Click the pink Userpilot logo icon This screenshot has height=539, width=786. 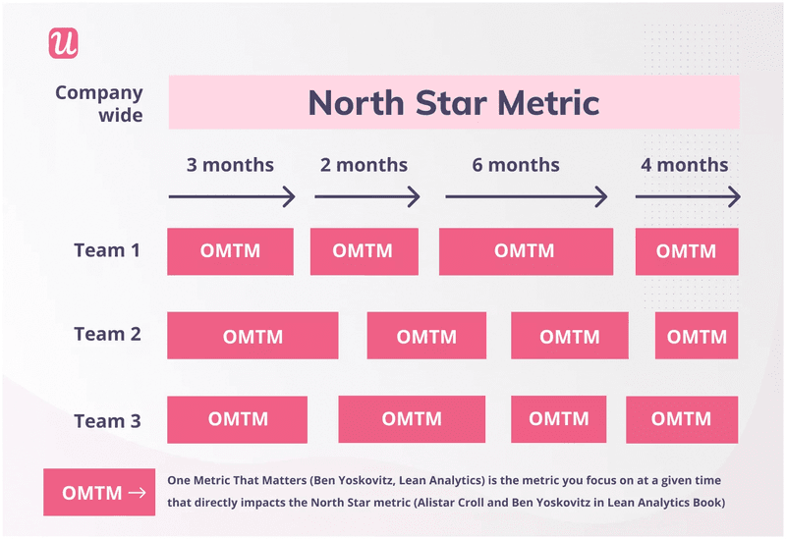tap(63, 43)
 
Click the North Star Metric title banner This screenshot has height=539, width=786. tap(453, 102)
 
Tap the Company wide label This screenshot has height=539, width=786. tap(98, 103)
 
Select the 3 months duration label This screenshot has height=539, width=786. tap(230, 164)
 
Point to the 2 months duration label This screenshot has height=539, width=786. tap(364, 164)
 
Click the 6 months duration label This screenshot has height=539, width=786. tap(516, 164)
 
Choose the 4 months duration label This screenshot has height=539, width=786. tap(685, 164)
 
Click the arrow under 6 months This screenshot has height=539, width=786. tap(526, 197)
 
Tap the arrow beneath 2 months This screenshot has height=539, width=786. tap(366, 197)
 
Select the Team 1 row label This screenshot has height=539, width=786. tap(107, 250)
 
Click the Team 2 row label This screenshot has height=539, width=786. tap(107, 334)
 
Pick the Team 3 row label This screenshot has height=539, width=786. tap(107, 421)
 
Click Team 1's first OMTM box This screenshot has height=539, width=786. tap(230, 251)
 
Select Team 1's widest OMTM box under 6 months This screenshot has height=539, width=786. tap(526, 251)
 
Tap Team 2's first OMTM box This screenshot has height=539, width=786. tap(253, 336)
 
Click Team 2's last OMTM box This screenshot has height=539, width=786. tap(697, 336)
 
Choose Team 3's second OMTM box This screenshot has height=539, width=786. tap(412, 419)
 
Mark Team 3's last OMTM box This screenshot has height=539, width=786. tap(681, 419)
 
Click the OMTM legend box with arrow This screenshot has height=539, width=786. tap(99, 493)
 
